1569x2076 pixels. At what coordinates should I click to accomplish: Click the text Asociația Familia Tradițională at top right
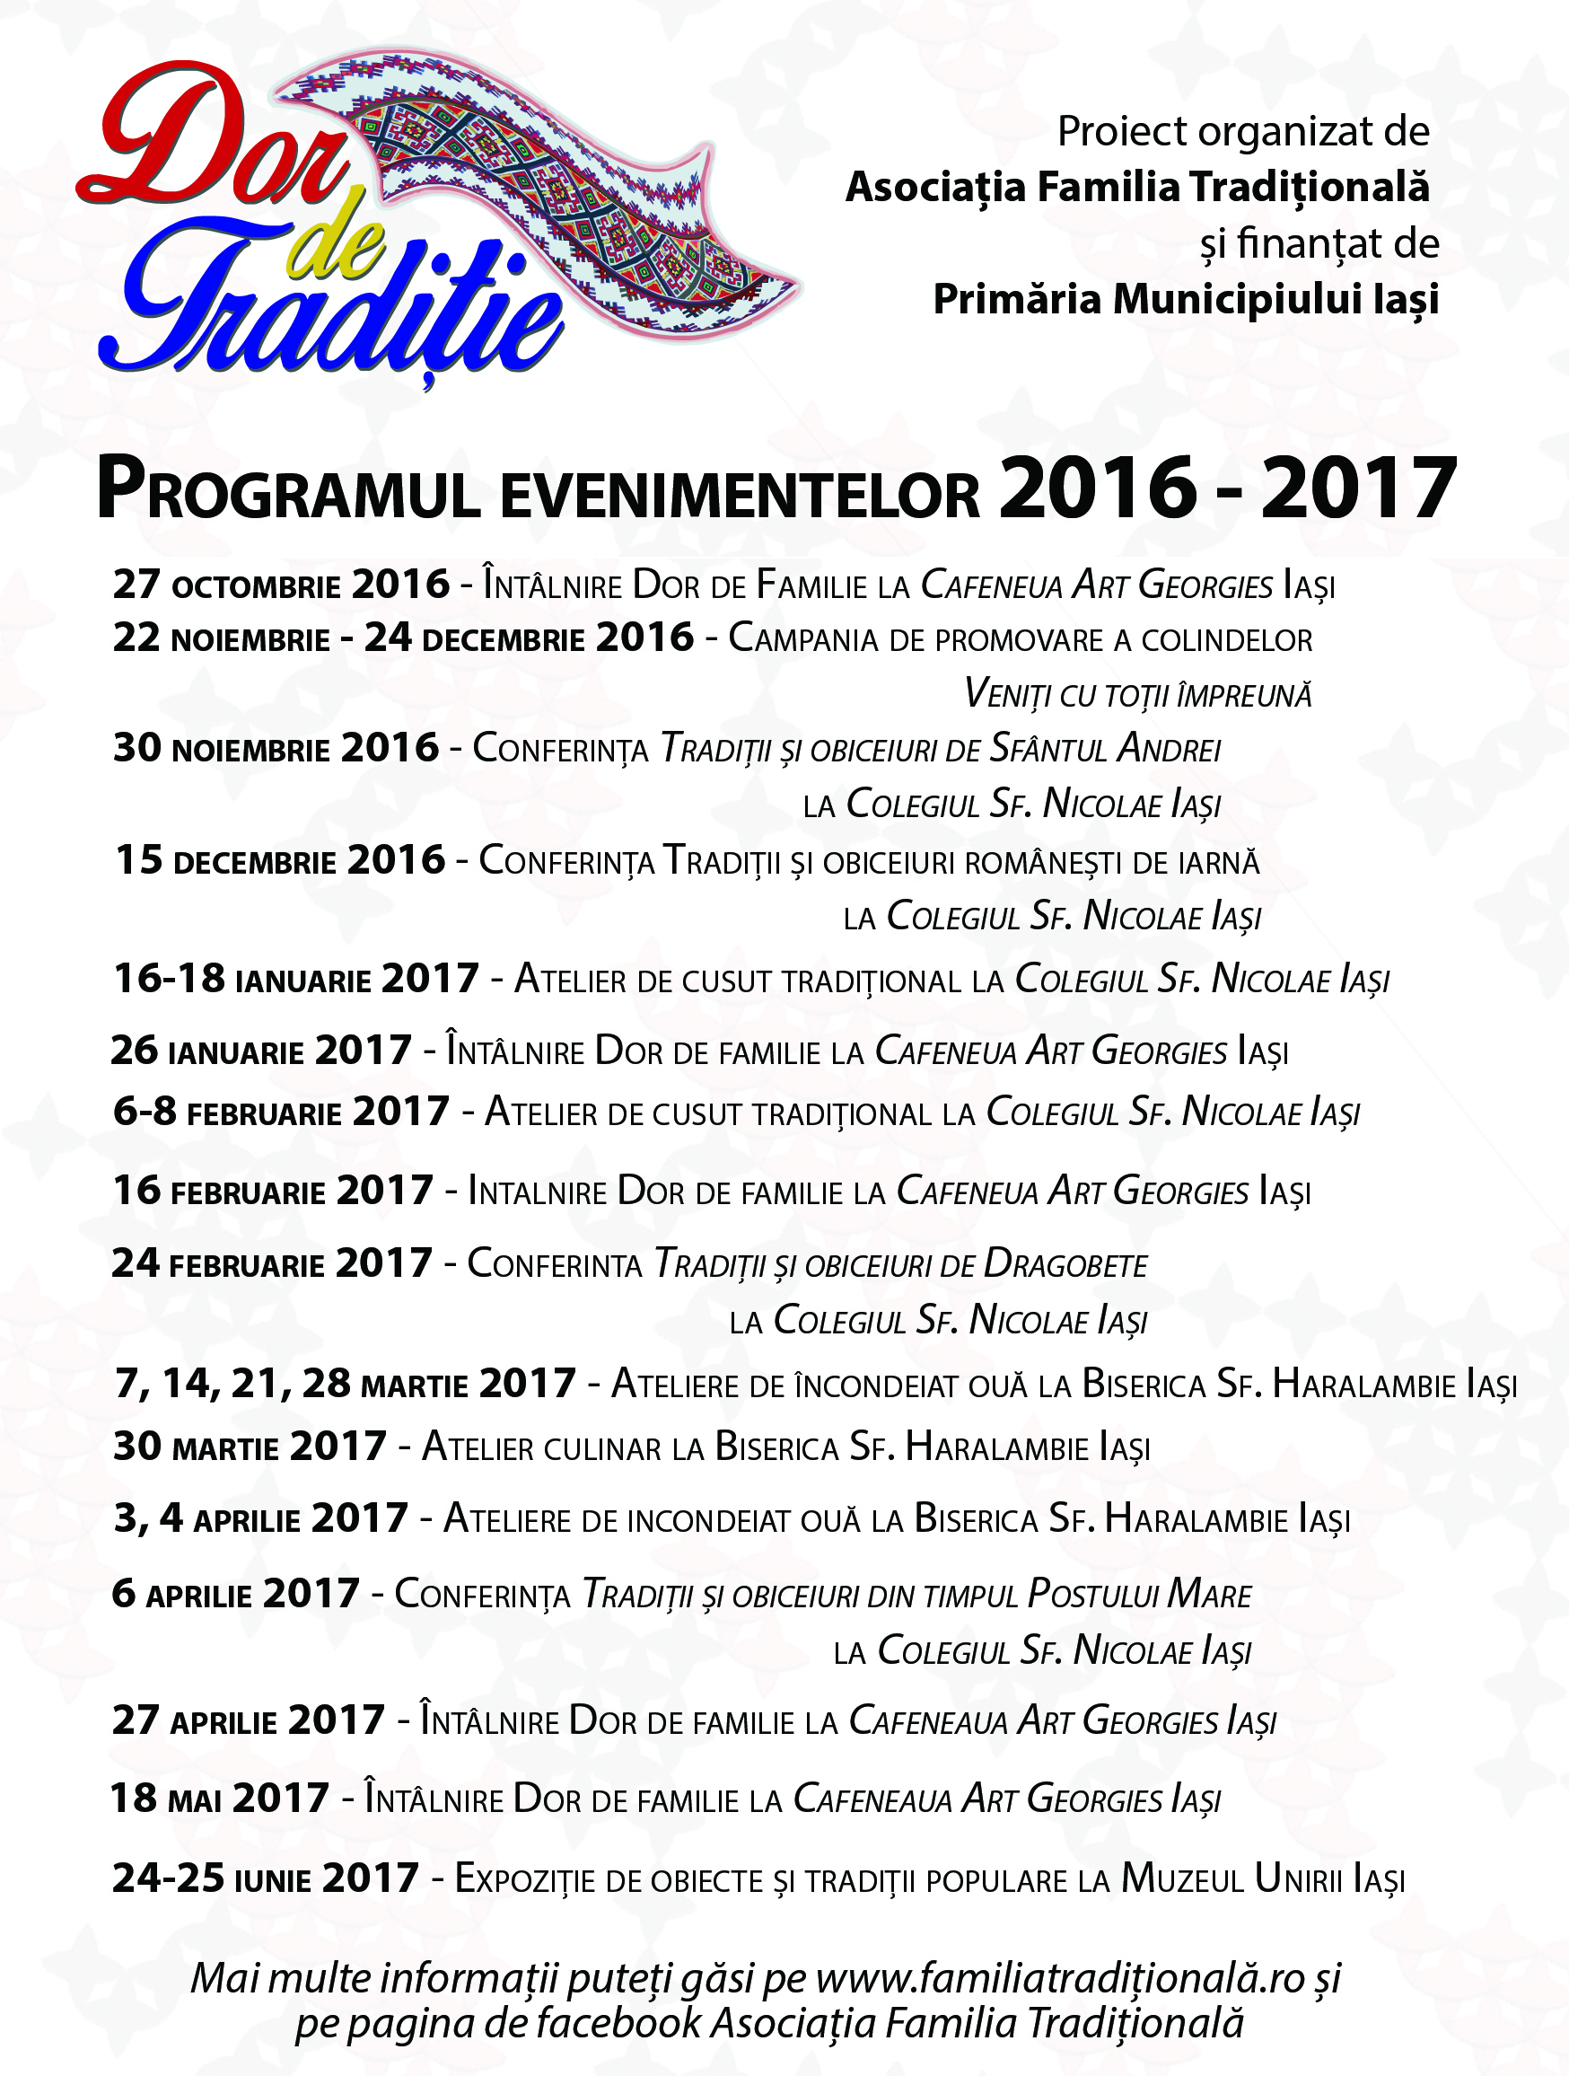1137,188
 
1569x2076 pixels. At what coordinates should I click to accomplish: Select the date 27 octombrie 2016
282,585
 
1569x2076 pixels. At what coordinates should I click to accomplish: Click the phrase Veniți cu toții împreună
1137,694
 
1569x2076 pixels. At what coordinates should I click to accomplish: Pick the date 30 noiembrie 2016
276,748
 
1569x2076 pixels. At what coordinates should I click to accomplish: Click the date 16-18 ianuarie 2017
295,979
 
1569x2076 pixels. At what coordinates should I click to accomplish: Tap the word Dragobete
1065,1265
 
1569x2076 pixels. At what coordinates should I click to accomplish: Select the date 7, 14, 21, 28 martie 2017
345,1385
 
